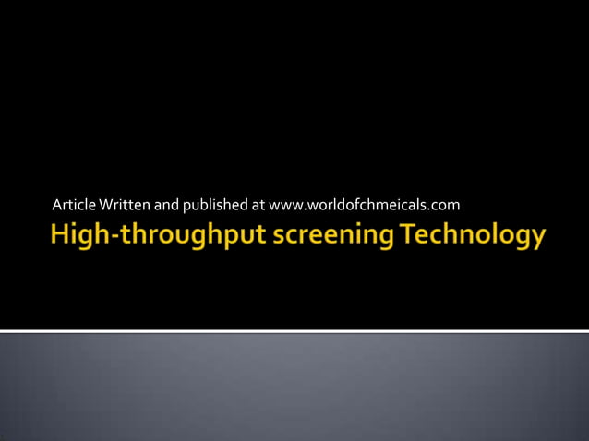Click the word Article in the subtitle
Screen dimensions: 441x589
73,204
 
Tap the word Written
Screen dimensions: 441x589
122,204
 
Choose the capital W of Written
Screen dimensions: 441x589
104,204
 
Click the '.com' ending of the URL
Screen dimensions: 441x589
445,204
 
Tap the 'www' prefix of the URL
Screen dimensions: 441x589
283,204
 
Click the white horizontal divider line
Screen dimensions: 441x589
294,330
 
